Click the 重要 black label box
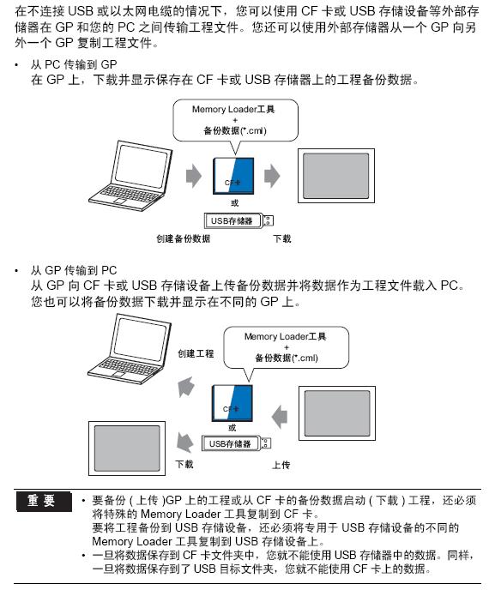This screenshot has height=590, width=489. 44,501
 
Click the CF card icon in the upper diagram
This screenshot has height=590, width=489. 233,176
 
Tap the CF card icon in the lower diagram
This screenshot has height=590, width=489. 232,402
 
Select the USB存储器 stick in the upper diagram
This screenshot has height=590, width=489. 238,221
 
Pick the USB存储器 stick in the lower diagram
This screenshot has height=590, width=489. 237,443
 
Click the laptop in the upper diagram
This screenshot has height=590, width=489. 130,176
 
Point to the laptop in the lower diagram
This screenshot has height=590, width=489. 130,349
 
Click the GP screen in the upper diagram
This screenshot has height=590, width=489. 336,176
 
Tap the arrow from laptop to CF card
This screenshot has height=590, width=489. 194,176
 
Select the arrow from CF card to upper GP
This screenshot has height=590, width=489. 272,176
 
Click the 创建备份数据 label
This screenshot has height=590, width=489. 184,238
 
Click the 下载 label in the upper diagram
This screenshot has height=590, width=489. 282,238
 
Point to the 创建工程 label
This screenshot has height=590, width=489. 196,353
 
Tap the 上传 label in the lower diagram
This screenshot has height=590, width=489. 281,465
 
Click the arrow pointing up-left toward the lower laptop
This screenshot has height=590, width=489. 186,387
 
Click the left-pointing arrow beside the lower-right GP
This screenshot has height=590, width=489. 280,417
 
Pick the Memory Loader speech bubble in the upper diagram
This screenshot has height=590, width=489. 235,120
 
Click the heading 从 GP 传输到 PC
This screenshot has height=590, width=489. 74,270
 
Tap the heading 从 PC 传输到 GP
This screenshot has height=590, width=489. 74,64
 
